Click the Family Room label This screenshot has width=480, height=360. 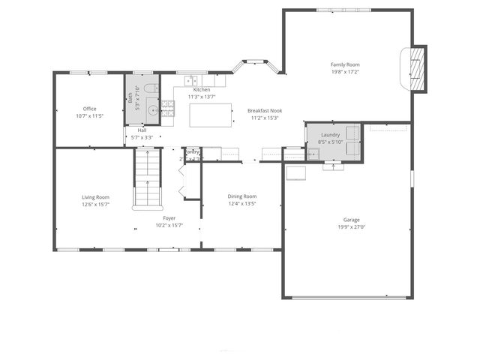point(346,64)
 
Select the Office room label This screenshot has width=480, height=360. point(89,109)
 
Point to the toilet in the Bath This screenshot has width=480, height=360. point(149,90)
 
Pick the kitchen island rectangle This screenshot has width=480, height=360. point(209,115)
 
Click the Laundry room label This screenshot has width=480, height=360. point(331,134)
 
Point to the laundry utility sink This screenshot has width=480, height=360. point(313,154)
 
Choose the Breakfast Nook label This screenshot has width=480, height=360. point(264,110)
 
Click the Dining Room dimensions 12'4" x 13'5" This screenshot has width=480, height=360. point(242,203)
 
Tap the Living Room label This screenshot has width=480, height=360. point(95,196)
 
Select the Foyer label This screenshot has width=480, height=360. point(169,218)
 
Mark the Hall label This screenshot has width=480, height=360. point(142,130)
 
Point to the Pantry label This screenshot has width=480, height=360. point(192,151)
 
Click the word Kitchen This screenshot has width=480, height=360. point(202,89)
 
